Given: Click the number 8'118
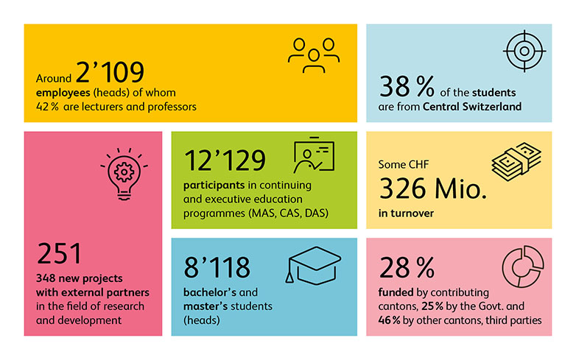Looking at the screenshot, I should coord(217,267).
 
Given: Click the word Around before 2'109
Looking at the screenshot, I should coord(54,78).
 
